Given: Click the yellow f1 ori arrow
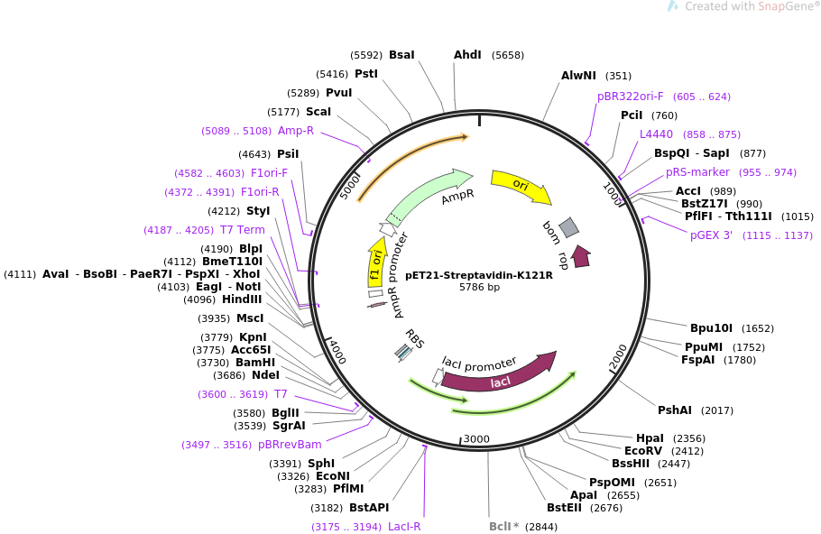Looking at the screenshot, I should (375, 262).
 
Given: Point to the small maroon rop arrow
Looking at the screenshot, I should (581, 257).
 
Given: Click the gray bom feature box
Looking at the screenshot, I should (568, 228).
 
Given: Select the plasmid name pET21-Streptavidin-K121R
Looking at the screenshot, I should (479, 275).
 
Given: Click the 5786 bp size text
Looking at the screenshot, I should (479, 288).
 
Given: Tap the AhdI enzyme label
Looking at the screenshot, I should (467, 55).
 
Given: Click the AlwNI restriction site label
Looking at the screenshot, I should (578, 76).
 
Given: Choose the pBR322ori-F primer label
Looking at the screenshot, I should (630, 97).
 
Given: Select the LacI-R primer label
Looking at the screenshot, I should (404, 527).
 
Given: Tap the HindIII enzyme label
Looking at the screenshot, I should (242, 299).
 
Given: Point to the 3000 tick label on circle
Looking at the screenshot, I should (475, 439).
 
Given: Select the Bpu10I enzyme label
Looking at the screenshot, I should (711, 328).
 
